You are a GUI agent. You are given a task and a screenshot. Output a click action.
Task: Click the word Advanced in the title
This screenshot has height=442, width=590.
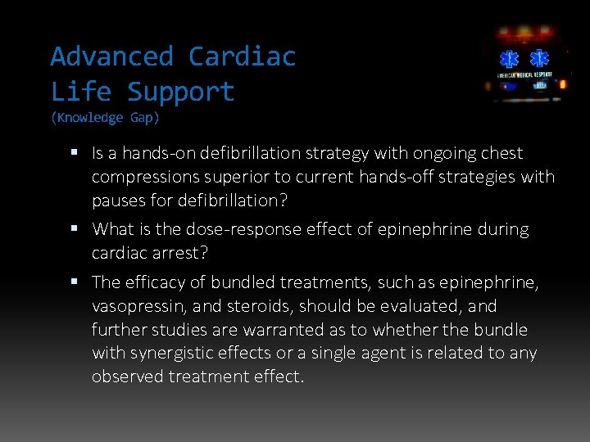coord(111,56)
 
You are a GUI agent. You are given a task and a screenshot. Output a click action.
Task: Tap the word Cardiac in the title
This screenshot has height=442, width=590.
coord(242,56)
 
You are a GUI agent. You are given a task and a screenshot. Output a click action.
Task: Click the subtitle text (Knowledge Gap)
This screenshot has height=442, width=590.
coord(105,118)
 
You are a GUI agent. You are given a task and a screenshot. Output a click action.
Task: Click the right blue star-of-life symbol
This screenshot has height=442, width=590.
coord(539,60)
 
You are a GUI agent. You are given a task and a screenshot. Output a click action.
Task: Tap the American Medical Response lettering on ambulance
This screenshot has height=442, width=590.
coord(525,75)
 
